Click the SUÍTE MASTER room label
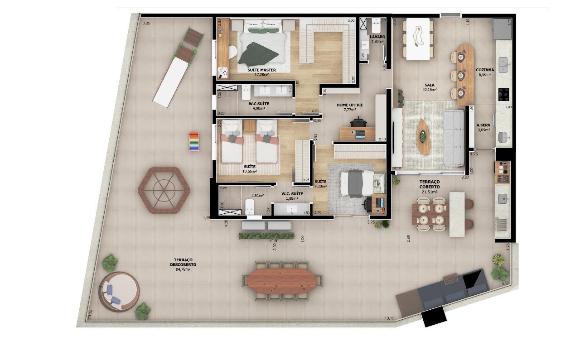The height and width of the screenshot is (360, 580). click(x=261, y=70)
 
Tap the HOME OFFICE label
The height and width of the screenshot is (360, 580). click(x=349, y=105)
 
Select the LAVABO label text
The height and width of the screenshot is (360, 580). click(x=377, y=37)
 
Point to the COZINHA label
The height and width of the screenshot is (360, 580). click(x=484, y=70)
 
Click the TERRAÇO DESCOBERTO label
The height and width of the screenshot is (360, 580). click(x=183, y=262)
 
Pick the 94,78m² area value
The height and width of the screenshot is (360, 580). click(x=183, y=269)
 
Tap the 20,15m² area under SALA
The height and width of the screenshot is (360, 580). click(x=429, y=90)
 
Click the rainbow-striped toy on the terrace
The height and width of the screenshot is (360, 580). click(x=194, y=141)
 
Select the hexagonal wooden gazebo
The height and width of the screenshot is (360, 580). click(x=164, y=190)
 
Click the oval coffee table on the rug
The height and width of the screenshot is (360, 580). click(x=423, y=136)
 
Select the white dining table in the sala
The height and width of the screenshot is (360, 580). click(x=418, y=39)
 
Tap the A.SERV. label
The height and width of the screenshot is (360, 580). click(x=484, y=125)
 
